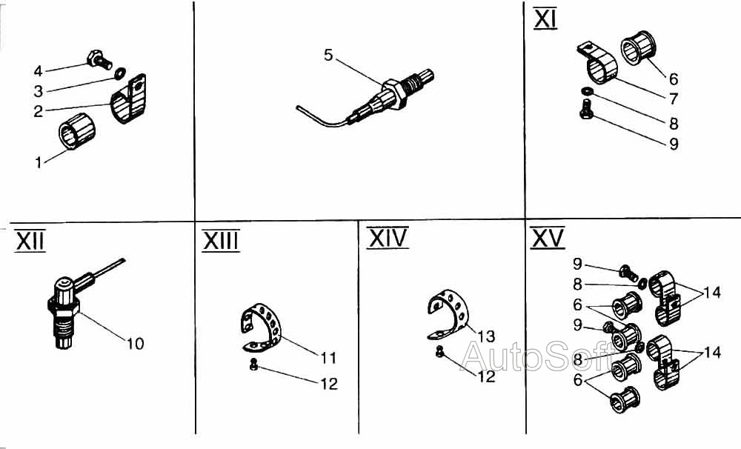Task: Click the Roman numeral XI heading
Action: [x=545, y=19]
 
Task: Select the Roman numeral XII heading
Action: [x=30, y=241]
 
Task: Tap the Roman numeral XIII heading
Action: [x=221, y=241]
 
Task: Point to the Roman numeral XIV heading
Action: [x=388, y=238]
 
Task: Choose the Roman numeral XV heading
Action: [x=548, y=238]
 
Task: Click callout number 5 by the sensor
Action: [x=328, y=55]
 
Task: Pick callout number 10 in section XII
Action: [x=135, y=343]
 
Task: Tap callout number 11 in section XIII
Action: [x=328, y=358]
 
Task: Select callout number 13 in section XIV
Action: [x=486, y=336]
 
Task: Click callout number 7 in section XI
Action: [x=674, y=99]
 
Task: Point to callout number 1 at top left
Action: [x=39, y=162]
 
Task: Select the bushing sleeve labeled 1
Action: [x=76, y=131]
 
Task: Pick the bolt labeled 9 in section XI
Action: [x=586, y=109]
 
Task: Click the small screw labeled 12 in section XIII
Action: [x=253, y=365]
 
